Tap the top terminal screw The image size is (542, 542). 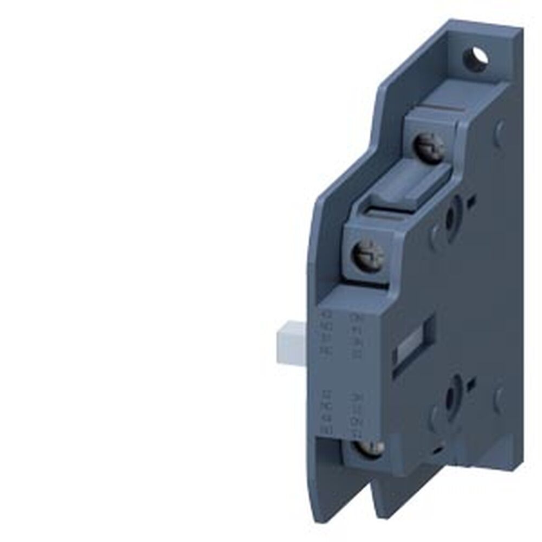(x=429, y=145)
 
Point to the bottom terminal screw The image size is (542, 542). (x=370, y=448)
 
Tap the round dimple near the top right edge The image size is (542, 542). (x=500, y=128)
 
